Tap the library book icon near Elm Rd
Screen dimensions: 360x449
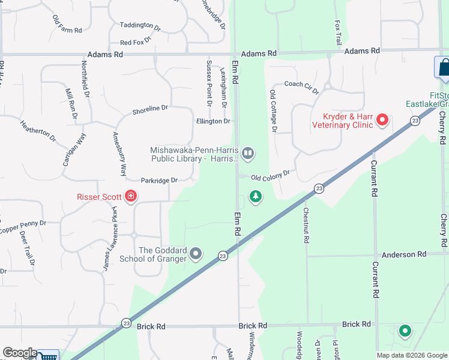click(247, 154)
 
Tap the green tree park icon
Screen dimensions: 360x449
click(256, 196)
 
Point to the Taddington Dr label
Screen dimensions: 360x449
click(140, 26)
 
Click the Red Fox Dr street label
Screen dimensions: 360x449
click(136, 43)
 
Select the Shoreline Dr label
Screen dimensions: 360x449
click(150, 109)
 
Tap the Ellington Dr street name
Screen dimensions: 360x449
click(213, 121)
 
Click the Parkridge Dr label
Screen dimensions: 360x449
click(159, 180)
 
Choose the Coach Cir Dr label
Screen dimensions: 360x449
click(301, 86)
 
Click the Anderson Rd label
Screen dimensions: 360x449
click(405, 254)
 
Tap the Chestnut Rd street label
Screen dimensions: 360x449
click(306, 225)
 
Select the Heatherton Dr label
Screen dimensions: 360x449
click(38, 131)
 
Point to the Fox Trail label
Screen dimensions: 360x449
click(338, 32)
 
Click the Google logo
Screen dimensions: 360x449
click(19, 353)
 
